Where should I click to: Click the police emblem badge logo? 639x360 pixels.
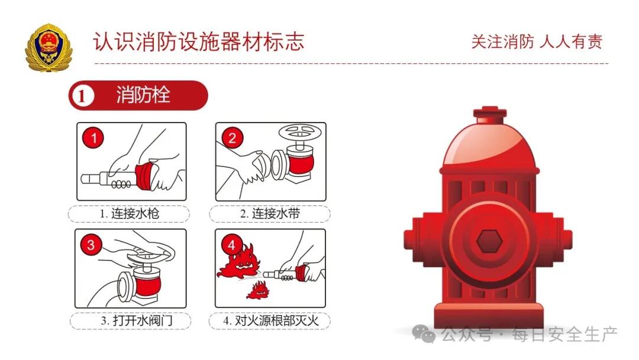[x=48, y=47]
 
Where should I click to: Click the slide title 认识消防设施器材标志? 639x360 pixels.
[x=198, y=42]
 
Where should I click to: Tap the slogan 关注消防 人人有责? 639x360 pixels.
[x=536, y=42]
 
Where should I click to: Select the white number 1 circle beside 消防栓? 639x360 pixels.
[x=83, y=96]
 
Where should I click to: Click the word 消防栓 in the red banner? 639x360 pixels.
[x=143, y=95]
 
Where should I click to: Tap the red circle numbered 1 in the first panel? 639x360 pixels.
[x=93, y=139]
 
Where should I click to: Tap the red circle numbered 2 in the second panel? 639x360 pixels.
[x=233, y=139]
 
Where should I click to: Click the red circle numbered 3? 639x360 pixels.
[x=91, y=245]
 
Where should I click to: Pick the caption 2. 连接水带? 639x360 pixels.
[x=269, y=213]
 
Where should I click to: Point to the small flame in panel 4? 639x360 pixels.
[x=256, y=290]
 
